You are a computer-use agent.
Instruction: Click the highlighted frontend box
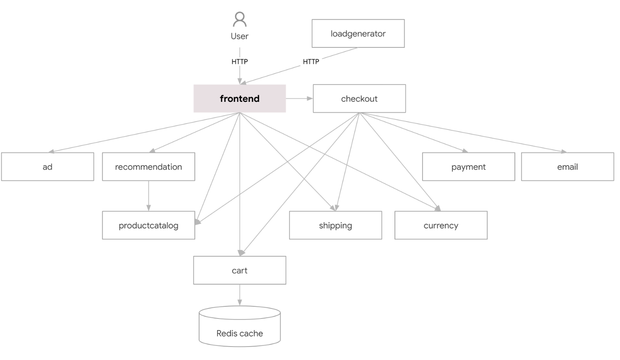pos(240,98)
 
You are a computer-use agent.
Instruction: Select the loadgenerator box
pos(358,34)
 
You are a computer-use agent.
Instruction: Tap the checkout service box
pos(359,98)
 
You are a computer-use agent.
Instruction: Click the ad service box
pos(48,166)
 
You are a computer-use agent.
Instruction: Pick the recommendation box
pos(149,166)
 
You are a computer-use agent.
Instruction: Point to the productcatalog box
pos(149,225)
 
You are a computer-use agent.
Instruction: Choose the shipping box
pos(335,225)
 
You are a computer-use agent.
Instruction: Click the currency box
pos(441,225)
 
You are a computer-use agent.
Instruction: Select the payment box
pos(469,166)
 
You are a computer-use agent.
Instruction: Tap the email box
pos(568,166)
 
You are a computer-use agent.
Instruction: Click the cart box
pos(240,270)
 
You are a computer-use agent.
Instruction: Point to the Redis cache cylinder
pos(240,326)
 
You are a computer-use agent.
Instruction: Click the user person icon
pos(240,19)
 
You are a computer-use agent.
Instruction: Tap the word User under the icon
pos(240,36)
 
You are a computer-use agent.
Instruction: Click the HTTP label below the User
pos(240,62)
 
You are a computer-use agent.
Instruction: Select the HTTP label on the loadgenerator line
pos(311,62)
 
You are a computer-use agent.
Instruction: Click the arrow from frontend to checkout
pos(299,98)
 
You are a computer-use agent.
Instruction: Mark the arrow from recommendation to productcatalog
pos(149,196)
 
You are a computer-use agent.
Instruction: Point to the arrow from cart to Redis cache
pos(240,295)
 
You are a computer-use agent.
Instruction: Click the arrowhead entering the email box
pos(564,151)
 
